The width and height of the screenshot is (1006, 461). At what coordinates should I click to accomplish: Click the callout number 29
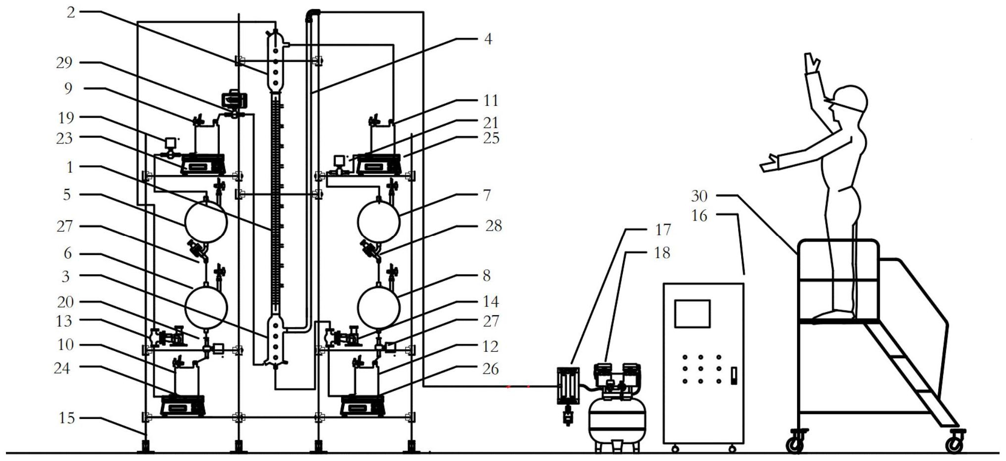point(64,63)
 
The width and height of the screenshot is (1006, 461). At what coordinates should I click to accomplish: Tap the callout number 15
point(66,418)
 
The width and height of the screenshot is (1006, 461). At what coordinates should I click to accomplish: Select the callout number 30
point(699,196)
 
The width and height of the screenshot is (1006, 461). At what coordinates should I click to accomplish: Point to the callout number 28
point(494,226)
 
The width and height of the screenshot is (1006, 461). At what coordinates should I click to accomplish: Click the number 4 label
point(488,39)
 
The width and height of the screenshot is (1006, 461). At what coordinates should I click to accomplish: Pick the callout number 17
point(662,230)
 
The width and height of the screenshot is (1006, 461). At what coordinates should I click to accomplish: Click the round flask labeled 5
point(206,222)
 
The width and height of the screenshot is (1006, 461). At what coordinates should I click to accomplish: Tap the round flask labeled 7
point(379,222)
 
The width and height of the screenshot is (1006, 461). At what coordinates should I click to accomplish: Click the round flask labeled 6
point(206,307)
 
